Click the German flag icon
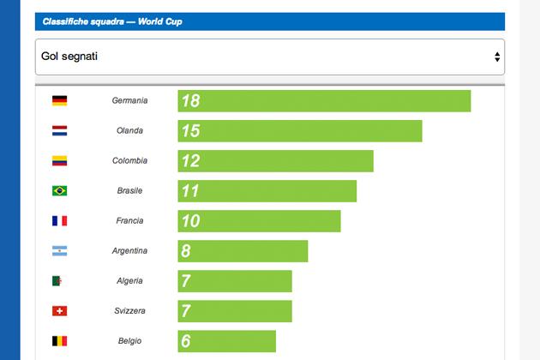pos(59,101)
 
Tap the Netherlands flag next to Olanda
pos(59,131)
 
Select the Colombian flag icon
pos(59,161)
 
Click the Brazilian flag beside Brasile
pos(59,191)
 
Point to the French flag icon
pos(59,221)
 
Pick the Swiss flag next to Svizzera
pos(59,311)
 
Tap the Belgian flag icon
pos(59,341)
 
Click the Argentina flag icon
pos(59,251)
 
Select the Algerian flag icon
pos(59,281)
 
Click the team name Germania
pos(129,101)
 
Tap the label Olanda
pos(129,131)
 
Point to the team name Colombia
pos(129,161)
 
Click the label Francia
pos(129,221)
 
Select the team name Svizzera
pos(129,311)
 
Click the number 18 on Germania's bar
pos(190,101)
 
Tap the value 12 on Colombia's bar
pos(190,161)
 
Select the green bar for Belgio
pos(227,341)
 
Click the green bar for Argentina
pos(243,251)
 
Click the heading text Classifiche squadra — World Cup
pos(112,21)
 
